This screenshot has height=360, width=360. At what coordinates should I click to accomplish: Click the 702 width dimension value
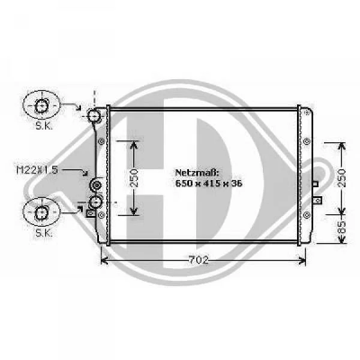tap(199, 260)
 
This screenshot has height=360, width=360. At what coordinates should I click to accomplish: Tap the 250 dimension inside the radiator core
tap(134, 178)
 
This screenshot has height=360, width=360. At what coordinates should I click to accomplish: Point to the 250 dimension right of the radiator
tap(342, 178)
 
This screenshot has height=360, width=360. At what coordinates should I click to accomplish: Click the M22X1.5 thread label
tap(37, 170)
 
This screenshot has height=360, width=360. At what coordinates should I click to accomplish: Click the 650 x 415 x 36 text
tap(209, 184)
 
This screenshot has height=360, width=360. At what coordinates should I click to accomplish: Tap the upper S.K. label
tap(44, 125)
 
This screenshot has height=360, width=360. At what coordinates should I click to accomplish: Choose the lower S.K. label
tap(44, 233)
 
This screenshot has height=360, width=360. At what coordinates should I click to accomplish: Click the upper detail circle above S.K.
tap(41, 105)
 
